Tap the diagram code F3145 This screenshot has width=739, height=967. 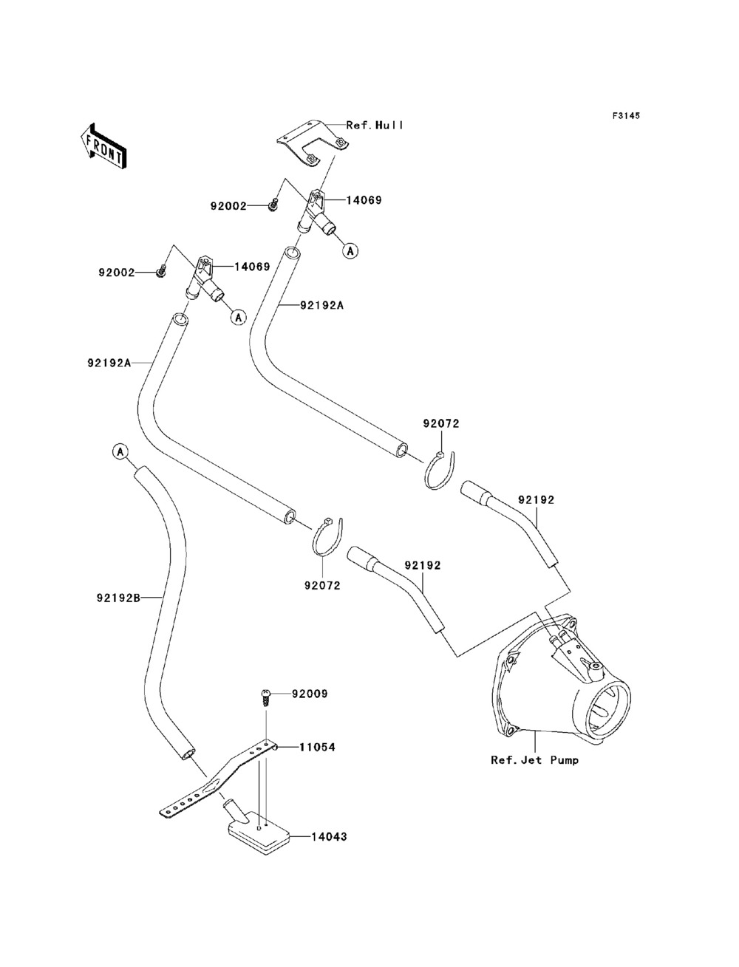(x=625, y=116)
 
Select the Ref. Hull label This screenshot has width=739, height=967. (x=375, y=126)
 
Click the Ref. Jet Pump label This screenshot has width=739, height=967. (x=535, y=759)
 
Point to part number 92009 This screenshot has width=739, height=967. (x=310, y=694)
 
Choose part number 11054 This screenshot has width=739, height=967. (x=317, y=747)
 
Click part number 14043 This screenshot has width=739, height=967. (x=329, y=837)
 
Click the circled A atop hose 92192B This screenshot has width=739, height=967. (x=120, y=451)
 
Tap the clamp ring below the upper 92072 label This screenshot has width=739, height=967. (x=441, y=469)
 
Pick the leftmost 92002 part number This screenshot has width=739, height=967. (x=117, y=272)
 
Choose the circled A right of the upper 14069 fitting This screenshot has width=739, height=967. (x=350, y=250)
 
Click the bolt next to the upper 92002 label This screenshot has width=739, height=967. (x=273, y=205)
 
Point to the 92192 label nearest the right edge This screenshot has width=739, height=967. (x=536, y=500)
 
